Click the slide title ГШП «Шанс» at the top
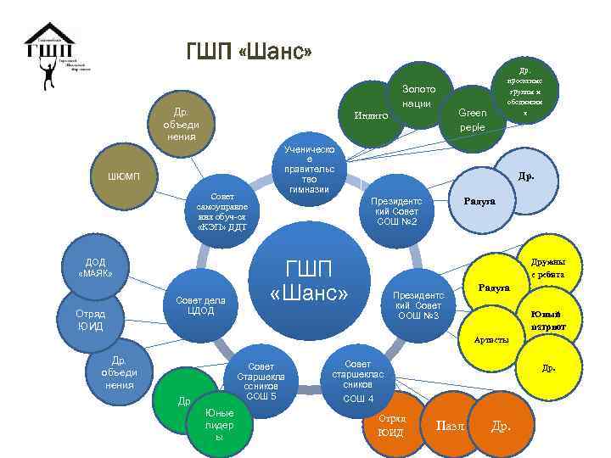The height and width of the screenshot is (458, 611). pos(249,53)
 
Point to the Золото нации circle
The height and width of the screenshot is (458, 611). pos(418,94)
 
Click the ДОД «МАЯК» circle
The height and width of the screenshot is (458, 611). pos(92,268)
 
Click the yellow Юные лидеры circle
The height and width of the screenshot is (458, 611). pos(218,424)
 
